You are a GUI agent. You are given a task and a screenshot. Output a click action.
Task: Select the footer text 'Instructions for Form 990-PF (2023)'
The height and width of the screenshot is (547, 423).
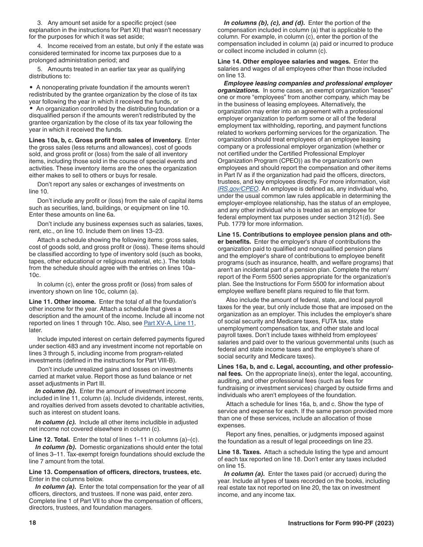pos(341,523)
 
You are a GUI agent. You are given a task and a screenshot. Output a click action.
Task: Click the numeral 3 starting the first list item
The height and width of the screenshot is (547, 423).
pos(39,23)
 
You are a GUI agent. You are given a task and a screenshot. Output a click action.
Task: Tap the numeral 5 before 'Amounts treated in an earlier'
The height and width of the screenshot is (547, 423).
pos(39,69)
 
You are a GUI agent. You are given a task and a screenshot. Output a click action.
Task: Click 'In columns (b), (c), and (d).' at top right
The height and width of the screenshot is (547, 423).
pos(264,23)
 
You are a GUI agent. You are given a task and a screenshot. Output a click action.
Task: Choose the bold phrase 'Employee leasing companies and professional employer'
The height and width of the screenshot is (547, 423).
pos(308,83)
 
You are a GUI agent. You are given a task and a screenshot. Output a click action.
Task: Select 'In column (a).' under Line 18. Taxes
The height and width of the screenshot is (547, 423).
pos(244,474)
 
